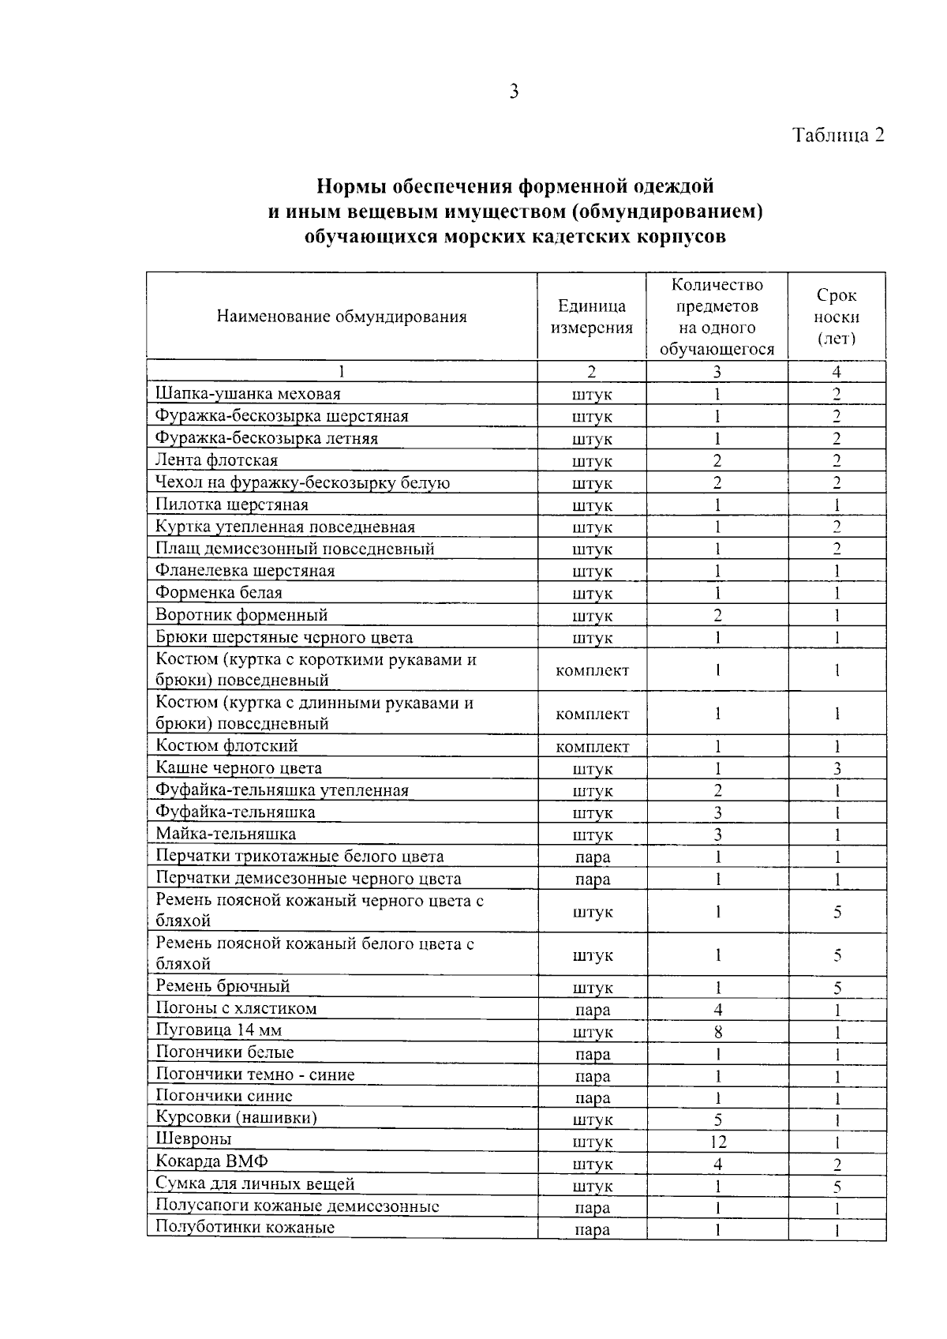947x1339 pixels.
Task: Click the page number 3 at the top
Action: point(514,92)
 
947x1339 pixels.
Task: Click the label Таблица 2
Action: point(838,135)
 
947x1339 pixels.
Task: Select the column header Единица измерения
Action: point(592,317)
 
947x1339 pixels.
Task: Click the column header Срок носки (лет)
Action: point(837,317)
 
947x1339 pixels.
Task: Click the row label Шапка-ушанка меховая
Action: point(248,393)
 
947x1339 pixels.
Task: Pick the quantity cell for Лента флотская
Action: point(717,460)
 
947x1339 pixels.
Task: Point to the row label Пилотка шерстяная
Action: point(232,504)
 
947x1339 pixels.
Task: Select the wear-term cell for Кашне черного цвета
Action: point(837,768)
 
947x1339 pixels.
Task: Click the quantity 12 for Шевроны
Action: point(717,1141)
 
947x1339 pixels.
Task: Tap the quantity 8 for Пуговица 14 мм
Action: point(717,1032)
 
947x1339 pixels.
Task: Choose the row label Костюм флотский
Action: point(226,745)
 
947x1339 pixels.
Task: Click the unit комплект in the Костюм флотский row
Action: point(592,747)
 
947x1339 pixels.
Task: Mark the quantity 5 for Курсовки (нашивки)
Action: point(717,1120)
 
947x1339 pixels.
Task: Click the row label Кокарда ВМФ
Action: point(211,1161)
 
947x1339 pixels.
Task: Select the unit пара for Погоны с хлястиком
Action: point(592,1010)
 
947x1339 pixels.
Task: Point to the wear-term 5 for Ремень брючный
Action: point(837,988)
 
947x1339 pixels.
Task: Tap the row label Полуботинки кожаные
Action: point(245,1227)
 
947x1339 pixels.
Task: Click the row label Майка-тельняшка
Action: point(226,834)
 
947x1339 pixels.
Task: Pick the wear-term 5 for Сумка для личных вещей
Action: point(837,1186)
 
